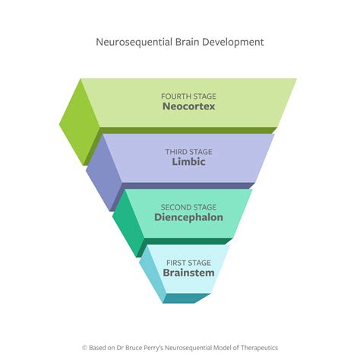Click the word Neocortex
(188, 107)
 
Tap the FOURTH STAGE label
(188, 96)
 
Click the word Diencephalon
(188, 217)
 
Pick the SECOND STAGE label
(188, 207)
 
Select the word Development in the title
(232, 42)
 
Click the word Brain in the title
(184, 42)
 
